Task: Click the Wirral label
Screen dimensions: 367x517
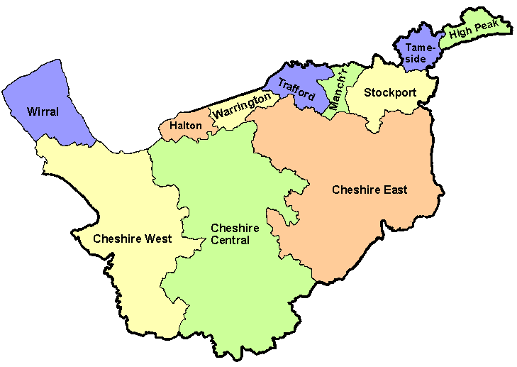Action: tap(43, 111)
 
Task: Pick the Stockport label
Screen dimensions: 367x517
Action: tap(389, 92)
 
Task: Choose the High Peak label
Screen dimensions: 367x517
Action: tap(479, 28)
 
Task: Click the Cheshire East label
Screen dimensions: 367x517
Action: tap(370, 190)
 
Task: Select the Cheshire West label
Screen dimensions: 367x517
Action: tap(132, 239)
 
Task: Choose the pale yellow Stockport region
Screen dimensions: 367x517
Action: tap(397, 110)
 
